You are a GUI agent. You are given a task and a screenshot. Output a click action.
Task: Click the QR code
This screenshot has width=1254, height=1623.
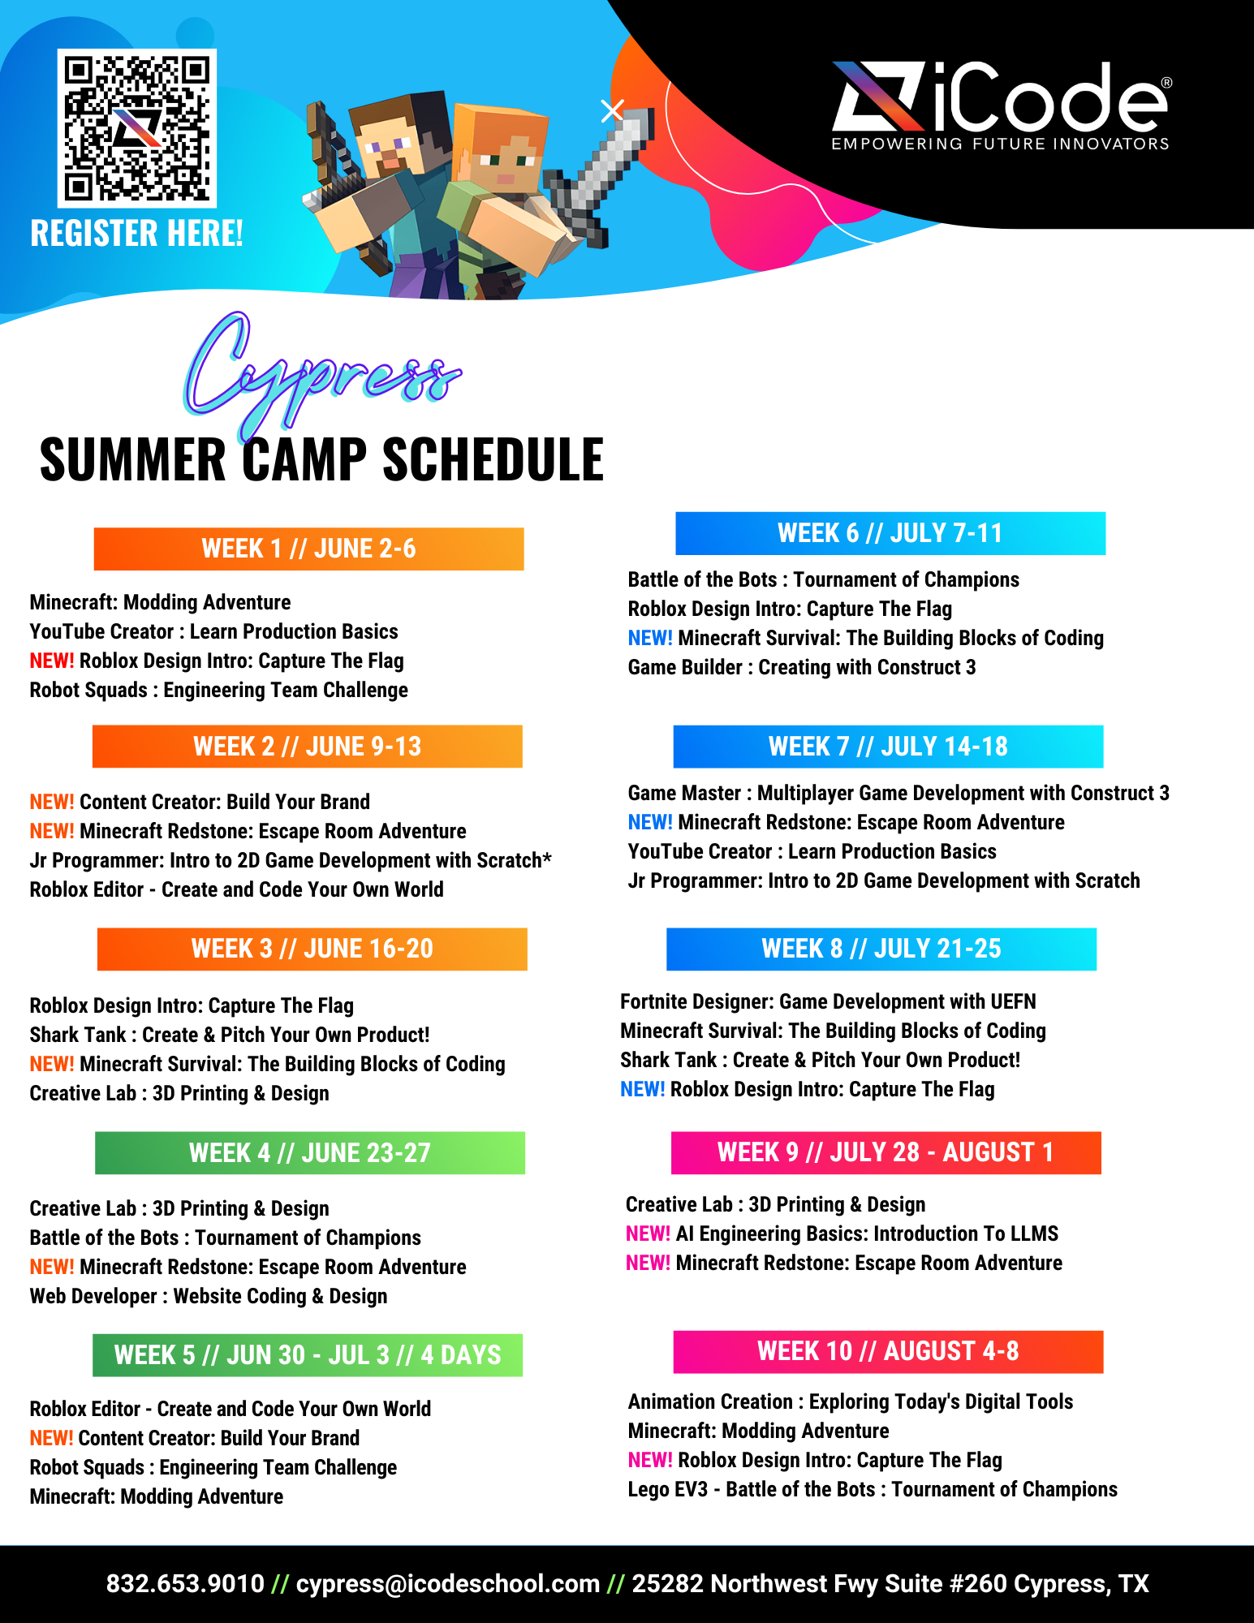coord(136,127)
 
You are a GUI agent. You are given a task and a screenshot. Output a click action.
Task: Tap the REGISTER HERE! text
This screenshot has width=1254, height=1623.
coord(136,234)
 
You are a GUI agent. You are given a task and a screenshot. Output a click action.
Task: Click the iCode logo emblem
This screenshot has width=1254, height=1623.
coord(878,97)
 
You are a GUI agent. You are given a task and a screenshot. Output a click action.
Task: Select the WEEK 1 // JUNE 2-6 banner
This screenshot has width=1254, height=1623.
coord(308,549)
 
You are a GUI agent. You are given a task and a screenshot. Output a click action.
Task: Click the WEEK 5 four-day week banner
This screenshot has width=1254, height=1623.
coord(308,1354)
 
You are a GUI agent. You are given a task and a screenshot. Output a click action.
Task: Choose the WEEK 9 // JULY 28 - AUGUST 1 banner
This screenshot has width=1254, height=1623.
coord(886,1152)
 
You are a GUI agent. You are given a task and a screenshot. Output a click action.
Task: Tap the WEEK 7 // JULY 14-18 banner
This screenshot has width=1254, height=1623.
coord(888,747)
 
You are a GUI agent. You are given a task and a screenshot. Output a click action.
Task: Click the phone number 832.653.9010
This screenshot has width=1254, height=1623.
coord(185,1583)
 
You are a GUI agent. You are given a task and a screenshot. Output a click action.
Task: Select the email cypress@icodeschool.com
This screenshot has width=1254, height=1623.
coord(447,1583)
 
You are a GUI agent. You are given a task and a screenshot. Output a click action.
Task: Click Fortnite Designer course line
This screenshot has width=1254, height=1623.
coord(828,1001)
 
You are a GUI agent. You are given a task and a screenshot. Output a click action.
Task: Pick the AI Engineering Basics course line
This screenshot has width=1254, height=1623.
coord(842,1233)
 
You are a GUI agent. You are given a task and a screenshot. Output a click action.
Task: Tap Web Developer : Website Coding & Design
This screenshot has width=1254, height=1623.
coord(209,1296)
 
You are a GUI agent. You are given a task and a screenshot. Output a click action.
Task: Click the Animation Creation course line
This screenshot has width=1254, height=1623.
coord(851,1401)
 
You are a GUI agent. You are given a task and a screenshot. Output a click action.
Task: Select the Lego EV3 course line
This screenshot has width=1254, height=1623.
coord(873,1489)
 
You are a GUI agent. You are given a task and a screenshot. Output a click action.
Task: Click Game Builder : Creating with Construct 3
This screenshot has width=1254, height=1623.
coord(802,667)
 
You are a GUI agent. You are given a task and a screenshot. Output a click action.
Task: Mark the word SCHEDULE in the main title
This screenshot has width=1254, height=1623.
coord(493,459)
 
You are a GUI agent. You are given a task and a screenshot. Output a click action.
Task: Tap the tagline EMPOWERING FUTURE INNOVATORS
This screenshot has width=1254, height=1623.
coord(1000,144)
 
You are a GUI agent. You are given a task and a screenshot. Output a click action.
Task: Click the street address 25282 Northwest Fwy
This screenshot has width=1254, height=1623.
coord(890,1583)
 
